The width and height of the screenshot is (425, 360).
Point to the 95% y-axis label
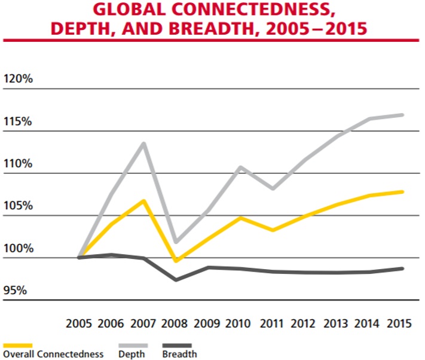click(x=16, y=291)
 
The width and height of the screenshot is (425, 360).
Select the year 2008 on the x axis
click(x=174, y=324)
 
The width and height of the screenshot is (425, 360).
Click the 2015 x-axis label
click(x=399, y=324)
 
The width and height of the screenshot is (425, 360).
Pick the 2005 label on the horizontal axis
click(x=78, y=324)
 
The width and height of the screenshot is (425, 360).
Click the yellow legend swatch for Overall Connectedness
click(x=18, y=345)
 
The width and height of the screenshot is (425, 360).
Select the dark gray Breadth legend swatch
click(x=177, y=345)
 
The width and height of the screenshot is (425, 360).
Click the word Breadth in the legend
click(x=179, y=354)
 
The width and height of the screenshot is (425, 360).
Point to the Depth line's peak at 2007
click(x=143, y=144)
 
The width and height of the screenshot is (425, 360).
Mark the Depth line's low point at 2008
click(x=175, y=242)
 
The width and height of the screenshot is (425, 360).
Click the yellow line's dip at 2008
click(x=175, y=261)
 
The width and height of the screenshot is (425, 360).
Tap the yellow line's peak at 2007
click(x=143, y=200)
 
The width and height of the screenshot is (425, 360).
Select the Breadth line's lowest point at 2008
click(x=176, y=279)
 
